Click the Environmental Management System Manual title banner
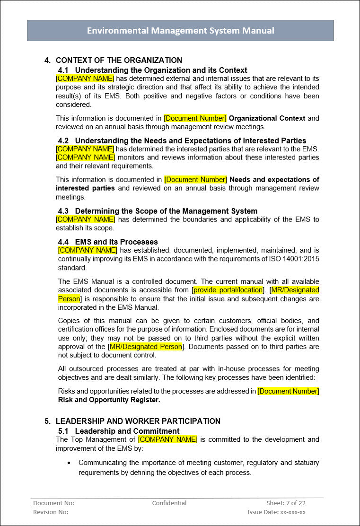(180, 31)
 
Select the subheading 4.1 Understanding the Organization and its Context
(152, 70)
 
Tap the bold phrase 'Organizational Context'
(267, 118)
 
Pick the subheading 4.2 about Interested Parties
(182, 140)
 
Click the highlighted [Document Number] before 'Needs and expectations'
(195, 180)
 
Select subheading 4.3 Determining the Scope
(158, 211)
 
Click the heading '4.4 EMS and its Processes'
(108, 242)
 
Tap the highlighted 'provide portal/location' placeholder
(228, 290)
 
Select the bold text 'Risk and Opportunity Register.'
(109, 400)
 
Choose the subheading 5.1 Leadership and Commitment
(118, 431)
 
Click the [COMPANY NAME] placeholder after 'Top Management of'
(168, 439)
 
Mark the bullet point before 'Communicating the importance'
(70, 463)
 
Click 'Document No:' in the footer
(53, 503)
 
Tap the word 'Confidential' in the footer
(169, 503)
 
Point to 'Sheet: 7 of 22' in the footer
(286, 503)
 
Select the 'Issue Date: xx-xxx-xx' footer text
(276, 512)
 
